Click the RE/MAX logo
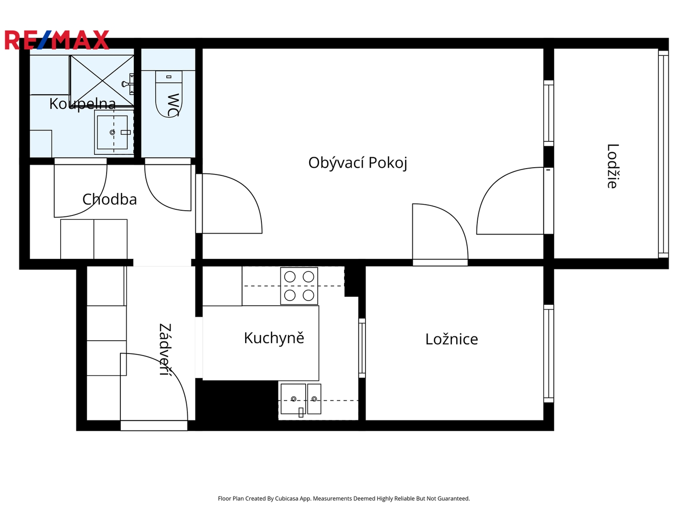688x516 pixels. click(x=57, y=40)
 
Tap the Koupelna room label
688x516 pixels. click(x=83, y=104)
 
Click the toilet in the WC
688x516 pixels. click(x=169, y=94)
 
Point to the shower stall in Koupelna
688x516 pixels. click(x=102, y=81)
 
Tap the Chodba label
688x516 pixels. click(x=110, y=199)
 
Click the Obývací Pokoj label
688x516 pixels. click(x=358, y=163)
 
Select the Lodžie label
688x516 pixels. click(x=613, y=166)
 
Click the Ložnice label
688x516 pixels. click(x=451, y=339)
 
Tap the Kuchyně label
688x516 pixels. click(x=274, y=338)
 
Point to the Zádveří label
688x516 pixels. click(x=165, y=349)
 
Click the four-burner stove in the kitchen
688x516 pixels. click(x=299, y=286)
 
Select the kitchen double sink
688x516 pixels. click(x=301, y=399)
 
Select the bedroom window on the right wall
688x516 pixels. click(x=548, y=354)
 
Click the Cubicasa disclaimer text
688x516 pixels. click(x=344, y=498)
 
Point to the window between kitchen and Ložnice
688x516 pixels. click(x=362, y=348)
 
